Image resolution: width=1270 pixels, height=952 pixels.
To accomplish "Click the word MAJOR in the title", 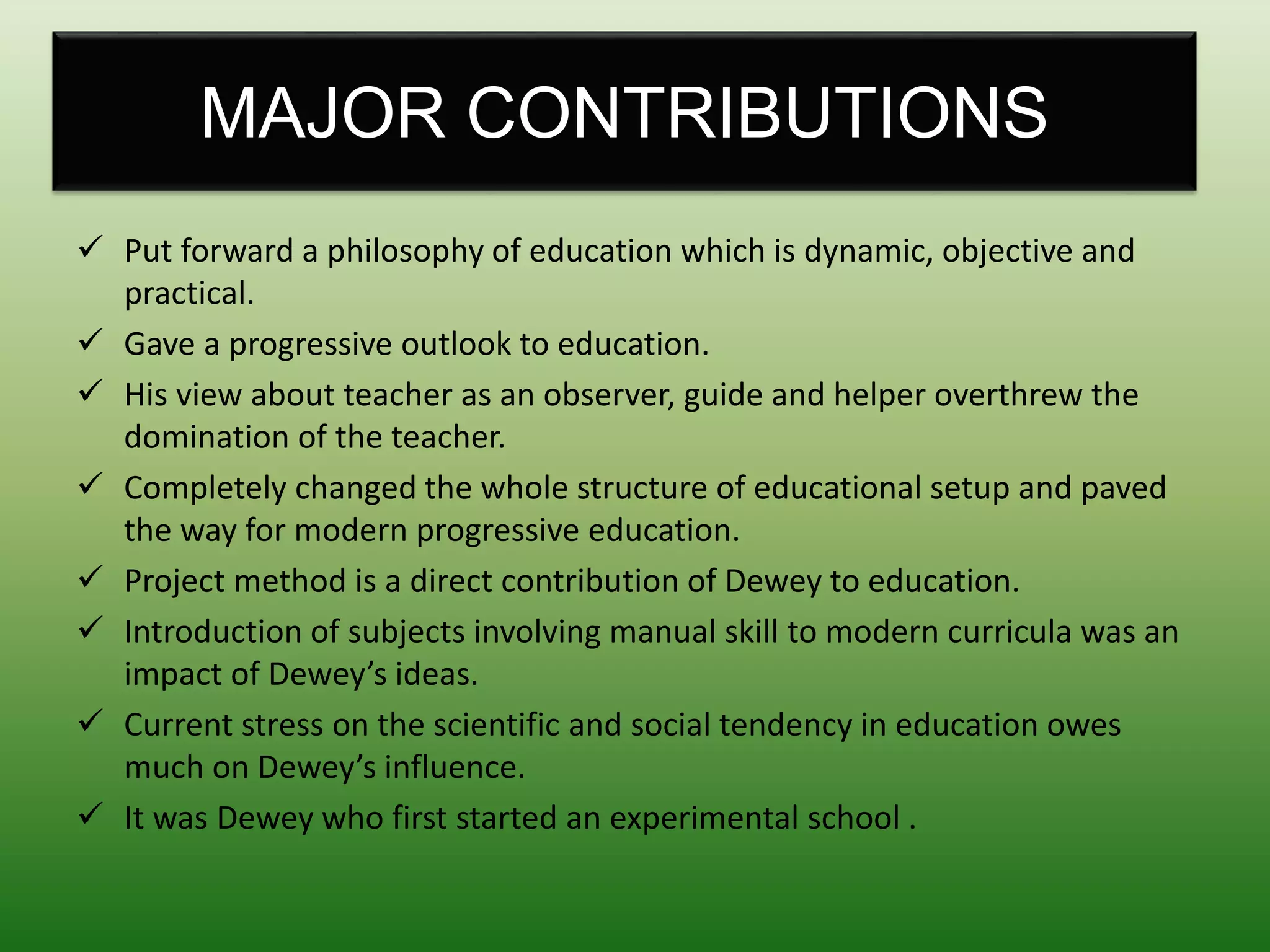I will tap(323, 113).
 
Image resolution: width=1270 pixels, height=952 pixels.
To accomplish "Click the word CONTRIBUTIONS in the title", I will tap(757, 113).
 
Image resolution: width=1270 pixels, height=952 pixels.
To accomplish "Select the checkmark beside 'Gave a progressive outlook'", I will tap(91, 340).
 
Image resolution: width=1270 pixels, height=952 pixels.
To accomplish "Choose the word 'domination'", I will tap(206, 438).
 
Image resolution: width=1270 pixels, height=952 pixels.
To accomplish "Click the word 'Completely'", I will tap(205, 489).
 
